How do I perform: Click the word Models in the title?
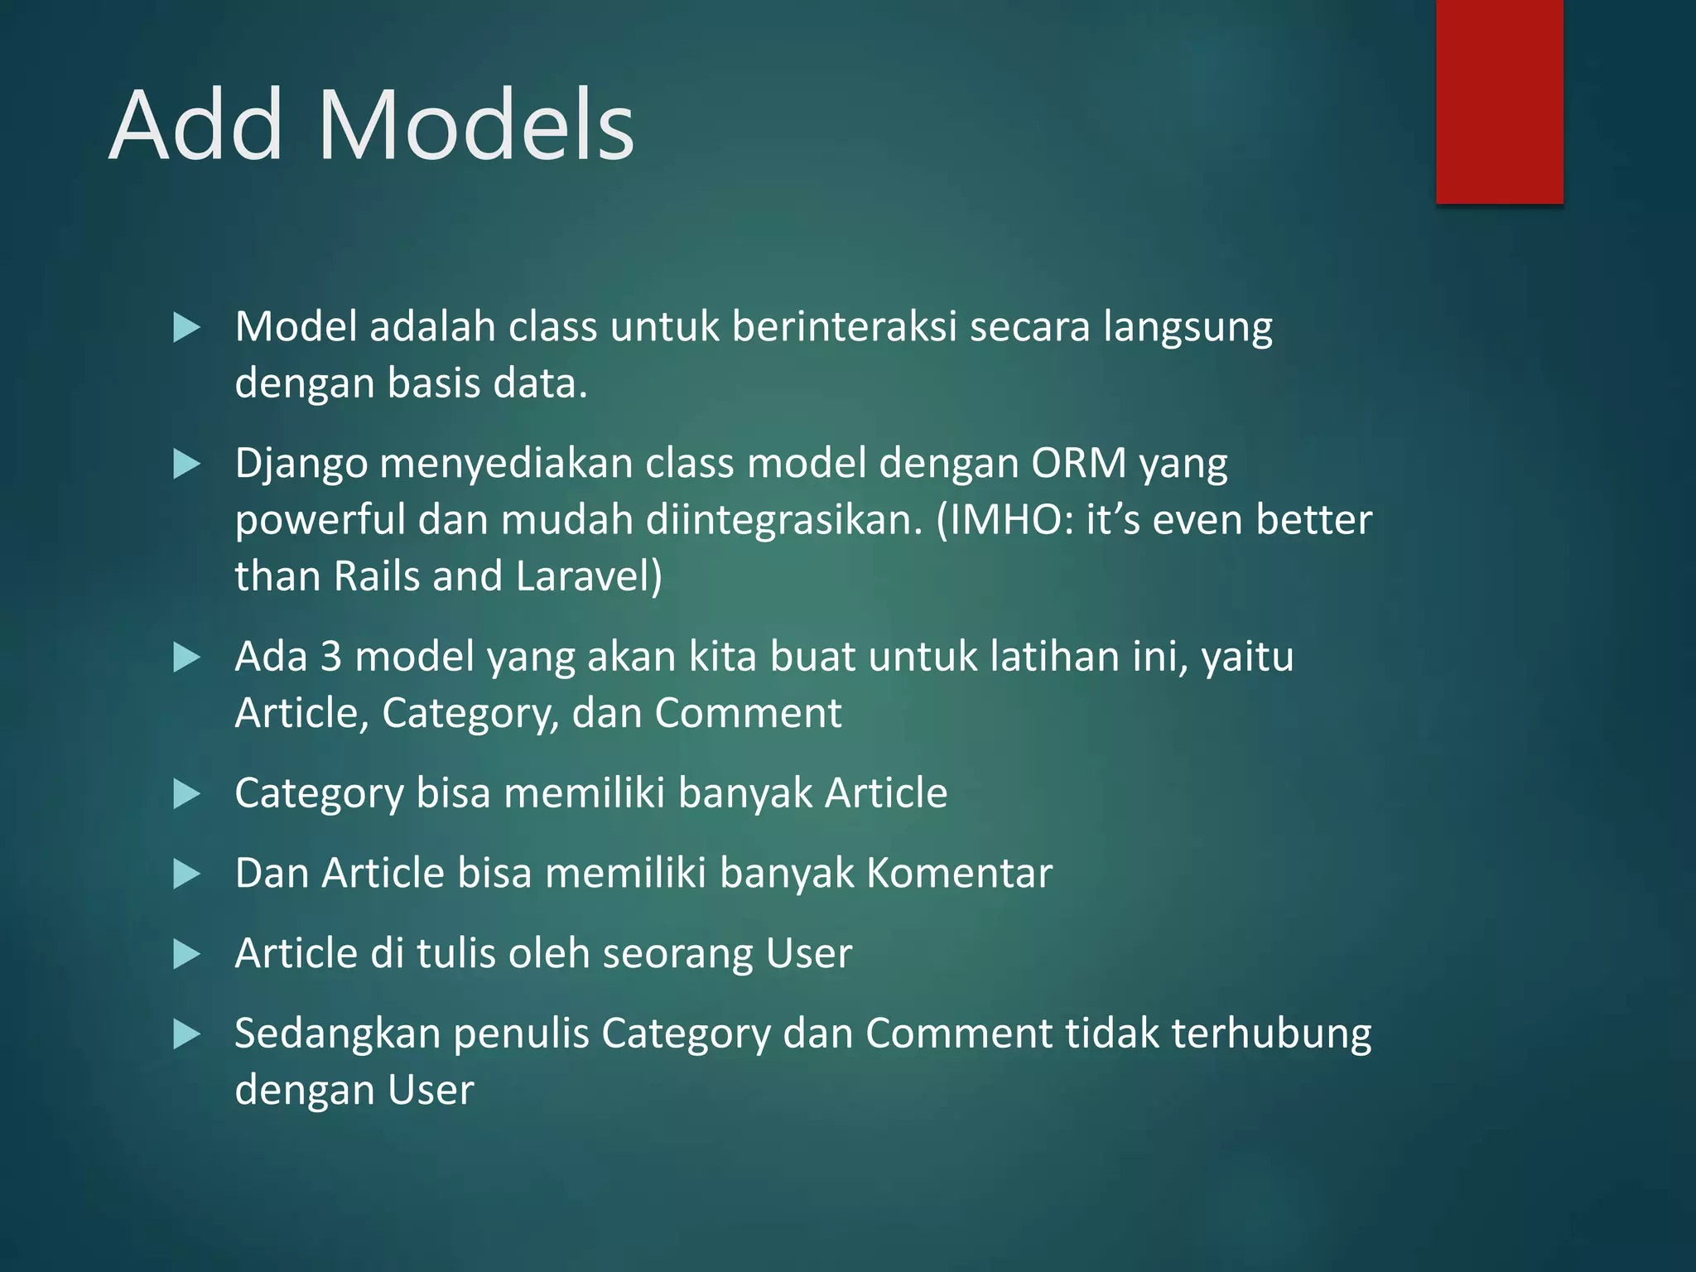pyautogui.click(x=475, y=126)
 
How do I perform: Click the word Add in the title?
pyautogui.click(x=196, y=126)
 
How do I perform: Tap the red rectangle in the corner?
pyautogui.click(x=1499, y=101)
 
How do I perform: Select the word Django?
pyautogui.click(x=301, y=464)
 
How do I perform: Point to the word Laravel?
pyautogui.click(x=589, y=576)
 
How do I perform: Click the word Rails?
pyautogui.click(x=376, y=576)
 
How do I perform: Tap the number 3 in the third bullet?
pyautogui.click(x=330, y=656)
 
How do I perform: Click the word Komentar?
pyautogui.click(x=959, y=873)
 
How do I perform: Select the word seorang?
pyautogui.click(x=678, y=953)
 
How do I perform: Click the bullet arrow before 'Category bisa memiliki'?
pyautogui.click(x=186, y=793)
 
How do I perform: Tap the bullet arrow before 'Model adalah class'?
pyautogui.click(x=186, y=328)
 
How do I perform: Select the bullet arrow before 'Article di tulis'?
pyautogui.click(x=186, y=954)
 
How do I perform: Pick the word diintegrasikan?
pyautogui.click(x=783, y=520)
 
